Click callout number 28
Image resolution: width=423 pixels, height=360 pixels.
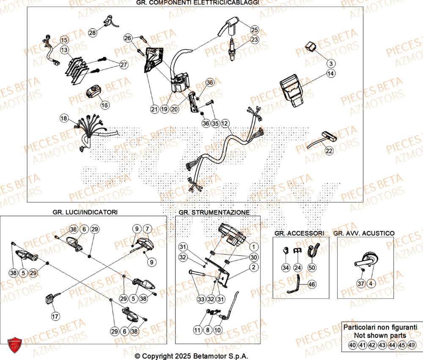coord(92,32)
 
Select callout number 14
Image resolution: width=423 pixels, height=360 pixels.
coord(331,74)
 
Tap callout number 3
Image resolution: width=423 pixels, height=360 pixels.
coord(331,63)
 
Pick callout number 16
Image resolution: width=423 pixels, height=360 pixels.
coord(104,104)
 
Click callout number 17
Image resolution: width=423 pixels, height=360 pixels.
coord(55,316)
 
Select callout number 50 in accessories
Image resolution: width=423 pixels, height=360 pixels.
coord(312,267)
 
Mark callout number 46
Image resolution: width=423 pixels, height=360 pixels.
coord(312,285)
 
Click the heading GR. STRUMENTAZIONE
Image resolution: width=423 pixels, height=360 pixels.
coord(214,212)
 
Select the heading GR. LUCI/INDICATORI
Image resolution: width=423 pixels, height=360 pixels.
coord(85,211)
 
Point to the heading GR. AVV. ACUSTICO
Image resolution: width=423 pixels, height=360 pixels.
coord(364,233)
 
